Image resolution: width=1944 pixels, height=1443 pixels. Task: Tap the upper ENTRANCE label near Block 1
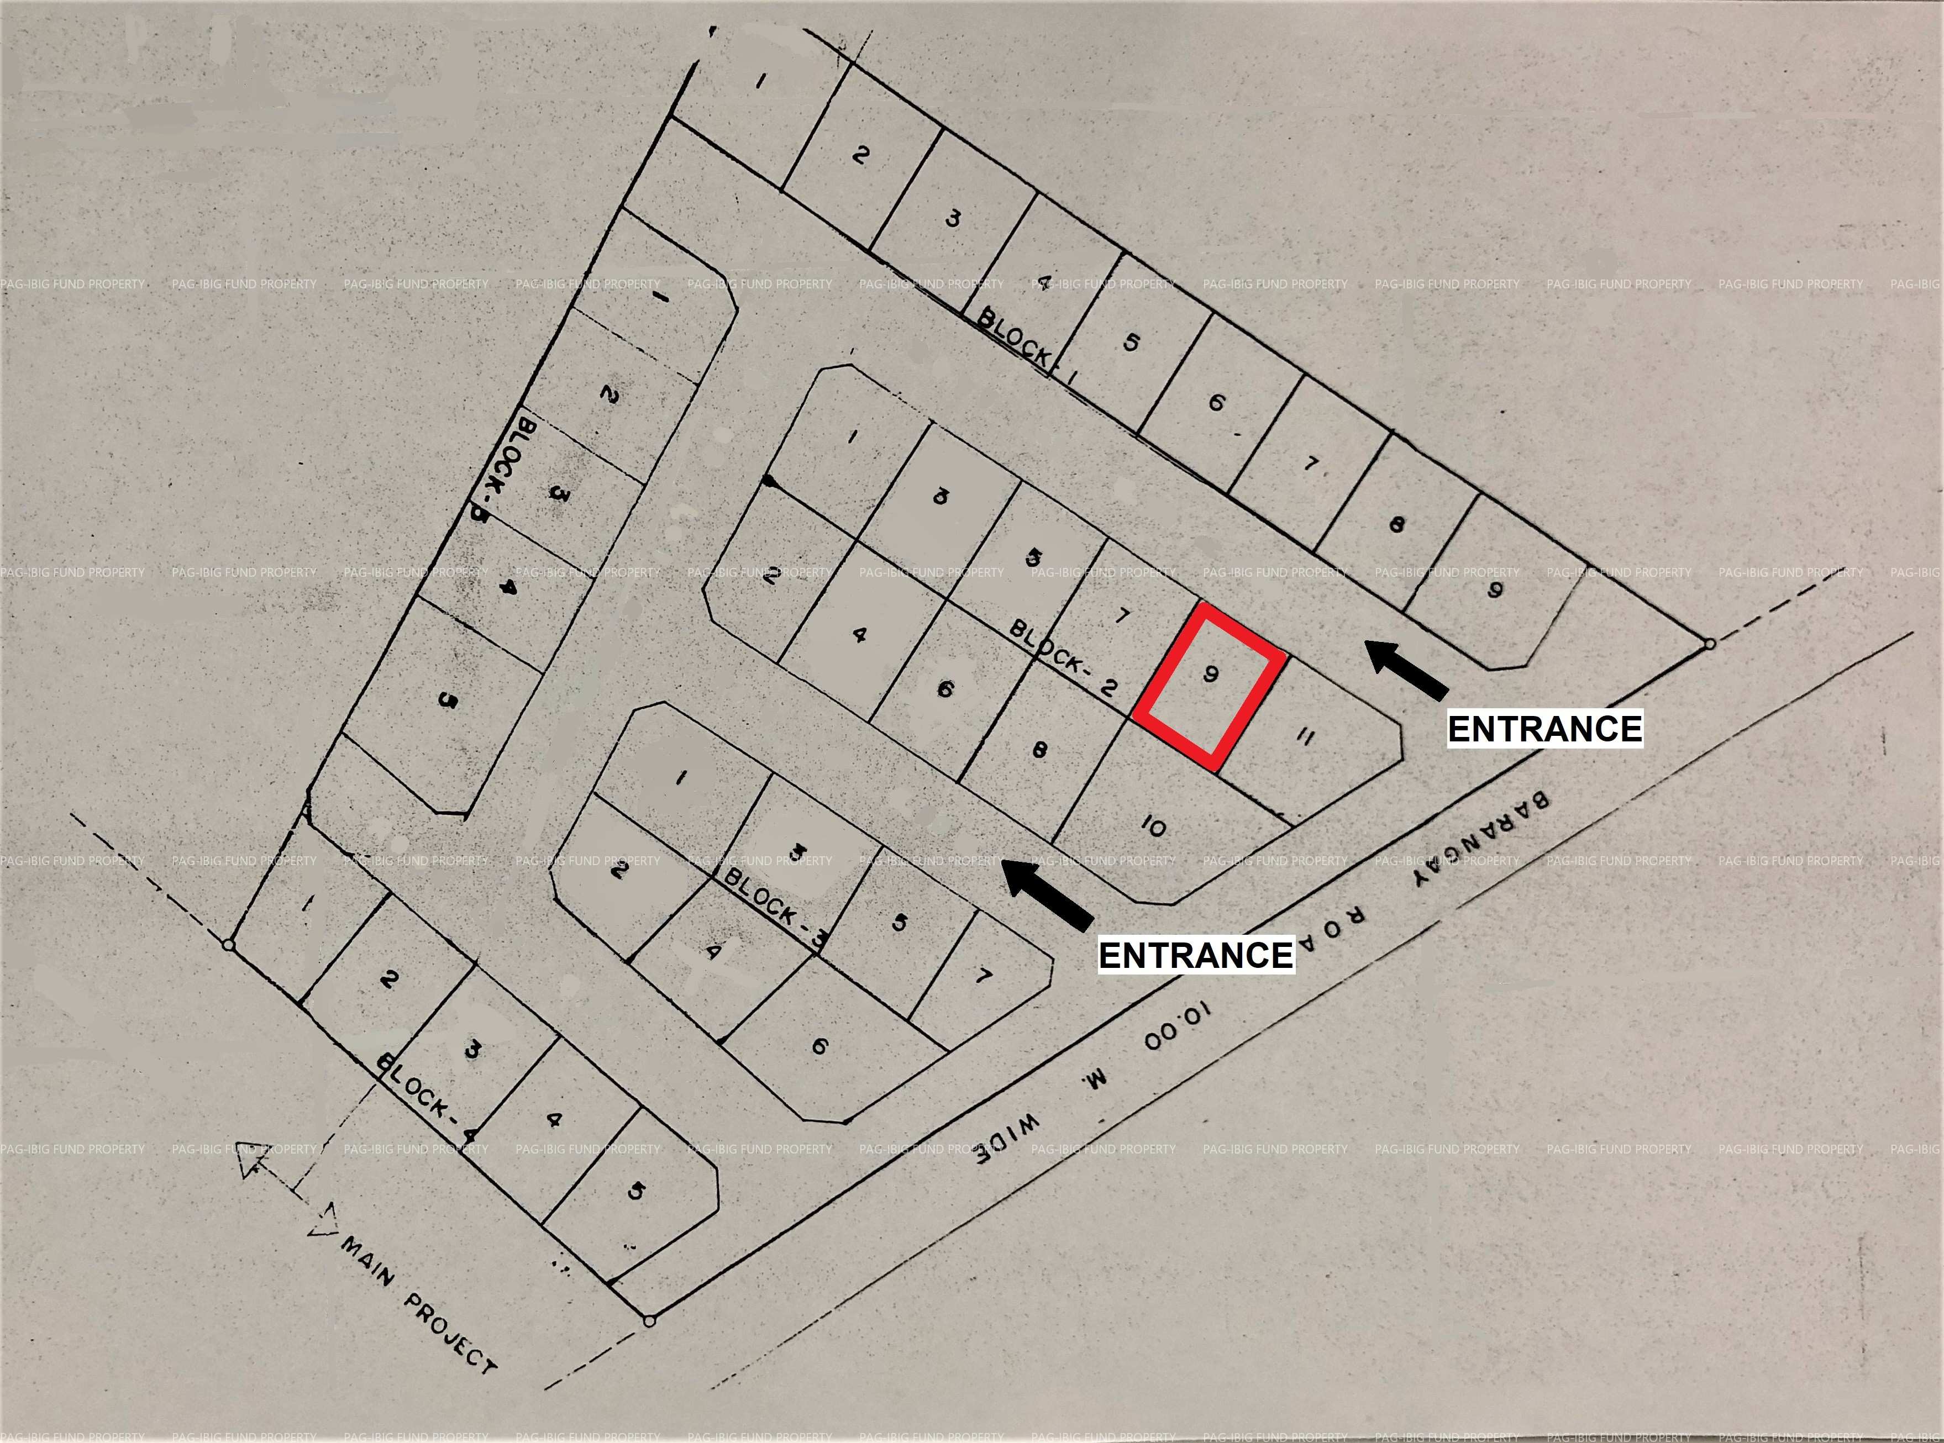pos(1544,729)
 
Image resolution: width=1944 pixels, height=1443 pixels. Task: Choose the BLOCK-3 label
pos(775,907)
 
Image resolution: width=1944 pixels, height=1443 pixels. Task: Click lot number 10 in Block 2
pos(1153,825)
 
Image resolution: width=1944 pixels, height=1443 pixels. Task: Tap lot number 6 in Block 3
pos(819,1046)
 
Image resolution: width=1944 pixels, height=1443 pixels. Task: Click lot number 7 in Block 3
pos(983,975)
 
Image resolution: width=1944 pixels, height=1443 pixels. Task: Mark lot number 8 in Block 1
pos(1396,525)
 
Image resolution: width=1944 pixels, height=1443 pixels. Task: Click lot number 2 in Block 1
pos(860,155)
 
